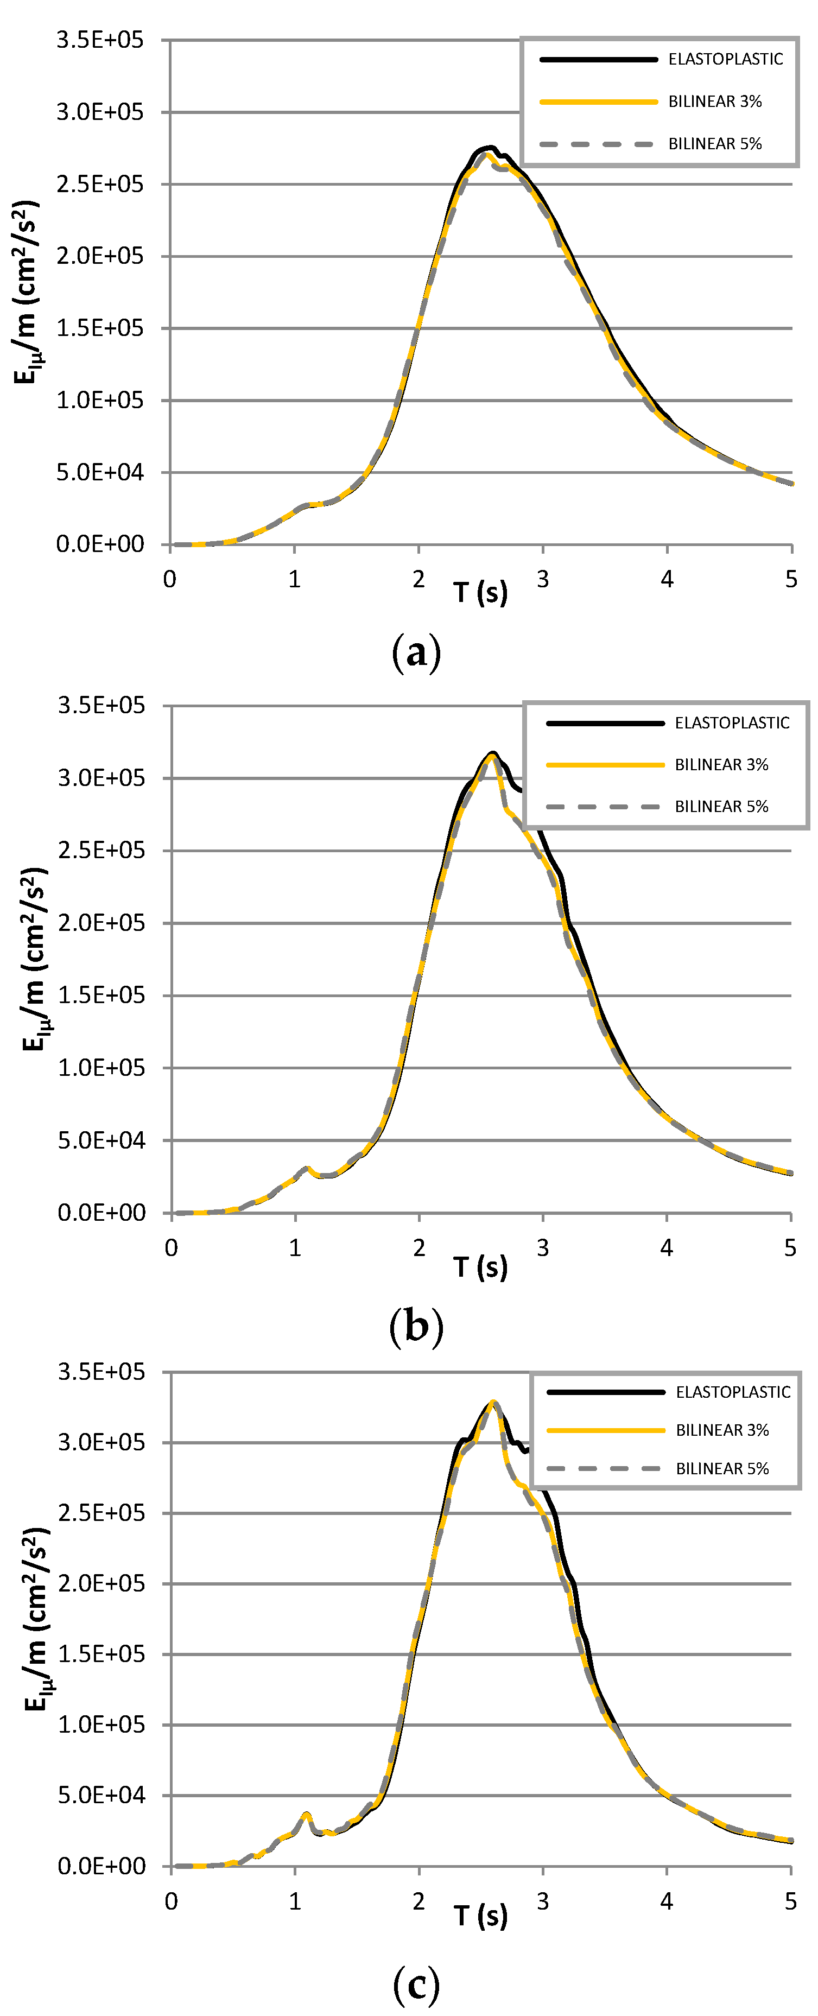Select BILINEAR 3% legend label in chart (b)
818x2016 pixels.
pyautogui.click(x=721, y=765)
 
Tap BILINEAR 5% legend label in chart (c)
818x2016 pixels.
pyautogui.click(x=722, y=1469)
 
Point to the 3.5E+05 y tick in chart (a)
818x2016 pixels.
pyautogui.click(x=100, y=40)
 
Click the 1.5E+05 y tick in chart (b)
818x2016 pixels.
pyautogui.click(x=101, y=996)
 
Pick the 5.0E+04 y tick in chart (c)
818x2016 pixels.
pyautogui.click(x=101, y=1795)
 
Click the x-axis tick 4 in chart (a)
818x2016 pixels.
pyautogui.click(x=667, y=579)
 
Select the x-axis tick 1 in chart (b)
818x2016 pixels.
pyautogui.click(x=295, y=1247)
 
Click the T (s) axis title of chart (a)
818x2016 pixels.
pyautogui.click(x=480, y=592)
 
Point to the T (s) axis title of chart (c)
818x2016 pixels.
pyautogui.click(x=480, y=1916)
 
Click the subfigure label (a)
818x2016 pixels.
pyautogui.click(x=416, y=652)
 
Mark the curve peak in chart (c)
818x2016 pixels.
pyautogui.click(x=492, y=1402)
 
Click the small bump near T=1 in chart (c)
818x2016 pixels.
pyautogui.click(x=306, y=1815)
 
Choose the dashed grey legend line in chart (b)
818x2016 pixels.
pyautogui.click(x=604, y=806)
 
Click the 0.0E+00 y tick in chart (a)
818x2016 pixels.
pyautogui.click(x=100, y=544)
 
